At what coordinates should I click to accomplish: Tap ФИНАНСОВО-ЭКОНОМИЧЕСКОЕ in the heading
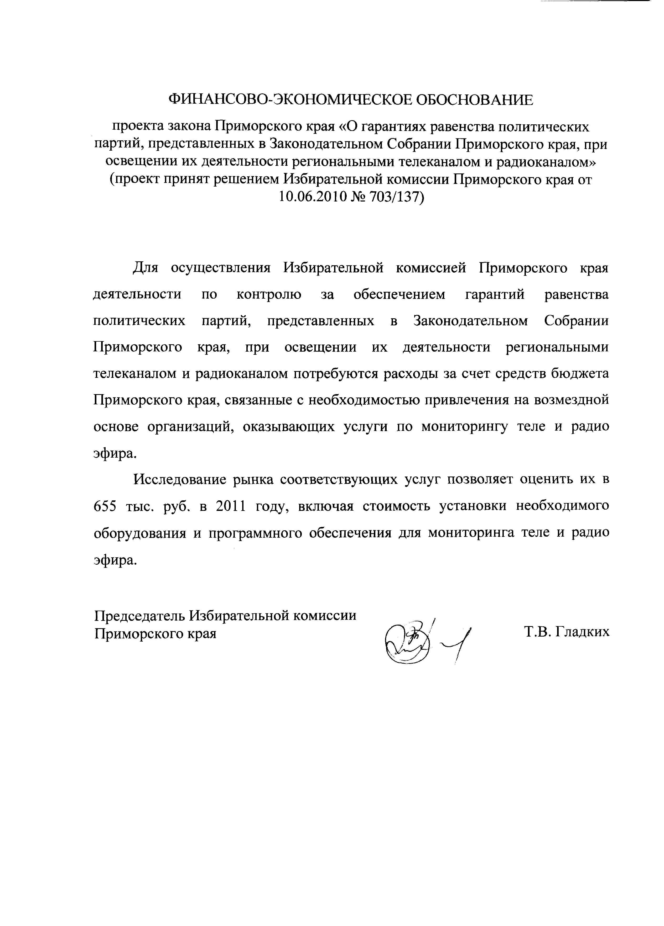click(270, 100)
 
